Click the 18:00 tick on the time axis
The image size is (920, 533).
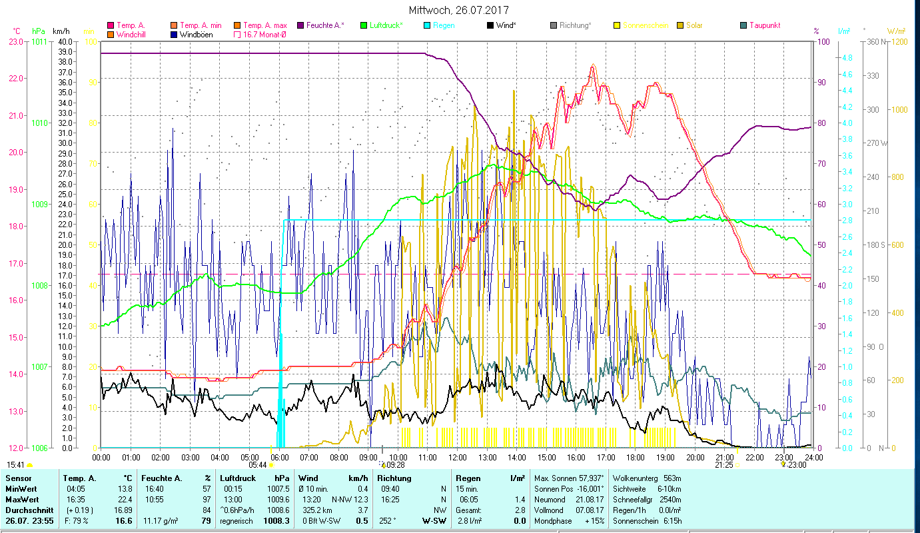coord(636,457)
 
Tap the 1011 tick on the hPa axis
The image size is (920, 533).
coord(39,41)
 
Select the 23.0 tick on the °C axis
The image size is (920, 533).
coord(16,41)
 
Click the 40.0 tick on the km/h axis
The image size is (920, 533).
coord(65,41)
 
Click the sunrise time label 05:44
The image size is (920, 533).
coord(258,465)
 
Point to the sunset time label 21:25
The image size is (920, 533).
coord(724,465)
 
